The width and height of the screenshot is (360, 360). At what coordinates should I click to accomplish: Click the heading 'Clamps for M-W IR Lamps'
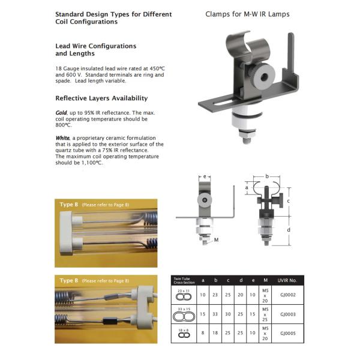(247, 13)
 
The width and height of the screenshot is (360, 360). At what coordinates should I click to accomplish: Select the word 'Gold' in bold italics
(61, 113)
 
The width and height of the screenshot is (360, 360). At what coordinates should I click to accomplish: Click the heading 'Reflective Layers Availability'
(101, 98)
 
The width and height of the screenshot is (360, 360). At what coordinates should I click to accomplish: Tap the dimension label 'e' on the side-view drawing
(205, 177)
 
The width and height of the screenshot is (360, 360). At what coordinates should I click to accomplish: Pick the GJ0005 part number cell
(289, 334)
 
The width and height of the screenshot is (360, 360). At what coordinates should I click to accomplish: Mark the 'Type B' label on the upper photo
(69, 205)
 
